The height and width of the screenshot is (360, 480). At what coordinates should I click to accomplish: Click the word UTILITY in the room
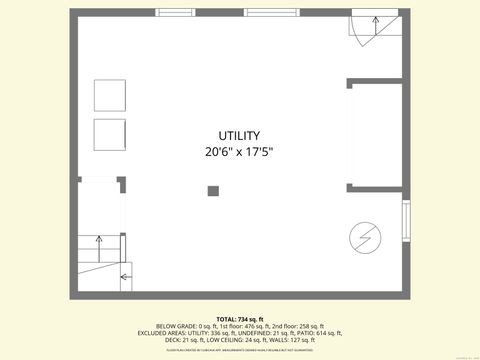(239, 135)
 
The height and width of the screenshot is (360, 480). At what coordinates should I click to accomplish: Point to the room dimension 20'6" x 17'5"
(239, 153)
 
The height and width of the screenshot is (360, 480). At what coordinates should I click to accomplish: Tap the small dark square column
(213, 191)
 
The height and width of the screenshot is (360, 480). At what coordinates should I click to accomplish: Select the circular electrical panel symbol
(362, 236)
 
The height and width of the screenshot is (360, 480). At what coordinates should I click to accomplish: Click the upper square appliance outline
(110, 95)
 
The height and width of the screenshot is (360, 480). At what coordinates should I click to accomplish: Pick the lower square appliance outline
(110, 134)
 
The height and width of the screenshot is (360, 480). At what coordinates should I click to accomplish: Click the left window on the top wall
(175, 12)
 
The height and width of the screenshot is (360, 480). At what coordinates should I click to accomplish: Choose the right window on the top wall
(271, 12)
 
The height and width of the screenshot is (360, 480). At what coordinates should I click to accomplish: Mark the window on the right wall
(406, 221)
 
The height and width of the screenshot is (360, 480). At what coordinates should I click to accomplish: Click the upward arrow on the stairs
(99, 240)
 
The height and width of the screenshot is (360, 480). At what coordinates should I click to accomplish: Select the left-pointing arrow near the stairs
(125, 277)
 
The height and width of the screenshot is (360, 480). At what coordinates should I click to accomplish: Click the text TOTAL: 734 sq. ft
(239, 318)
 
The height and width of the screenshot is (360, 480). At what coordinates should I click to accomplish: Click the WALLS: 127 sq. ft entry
(291, 340)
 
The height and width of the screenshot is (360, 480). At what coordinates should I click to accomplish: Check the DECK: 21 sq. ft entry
(184, 340)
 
